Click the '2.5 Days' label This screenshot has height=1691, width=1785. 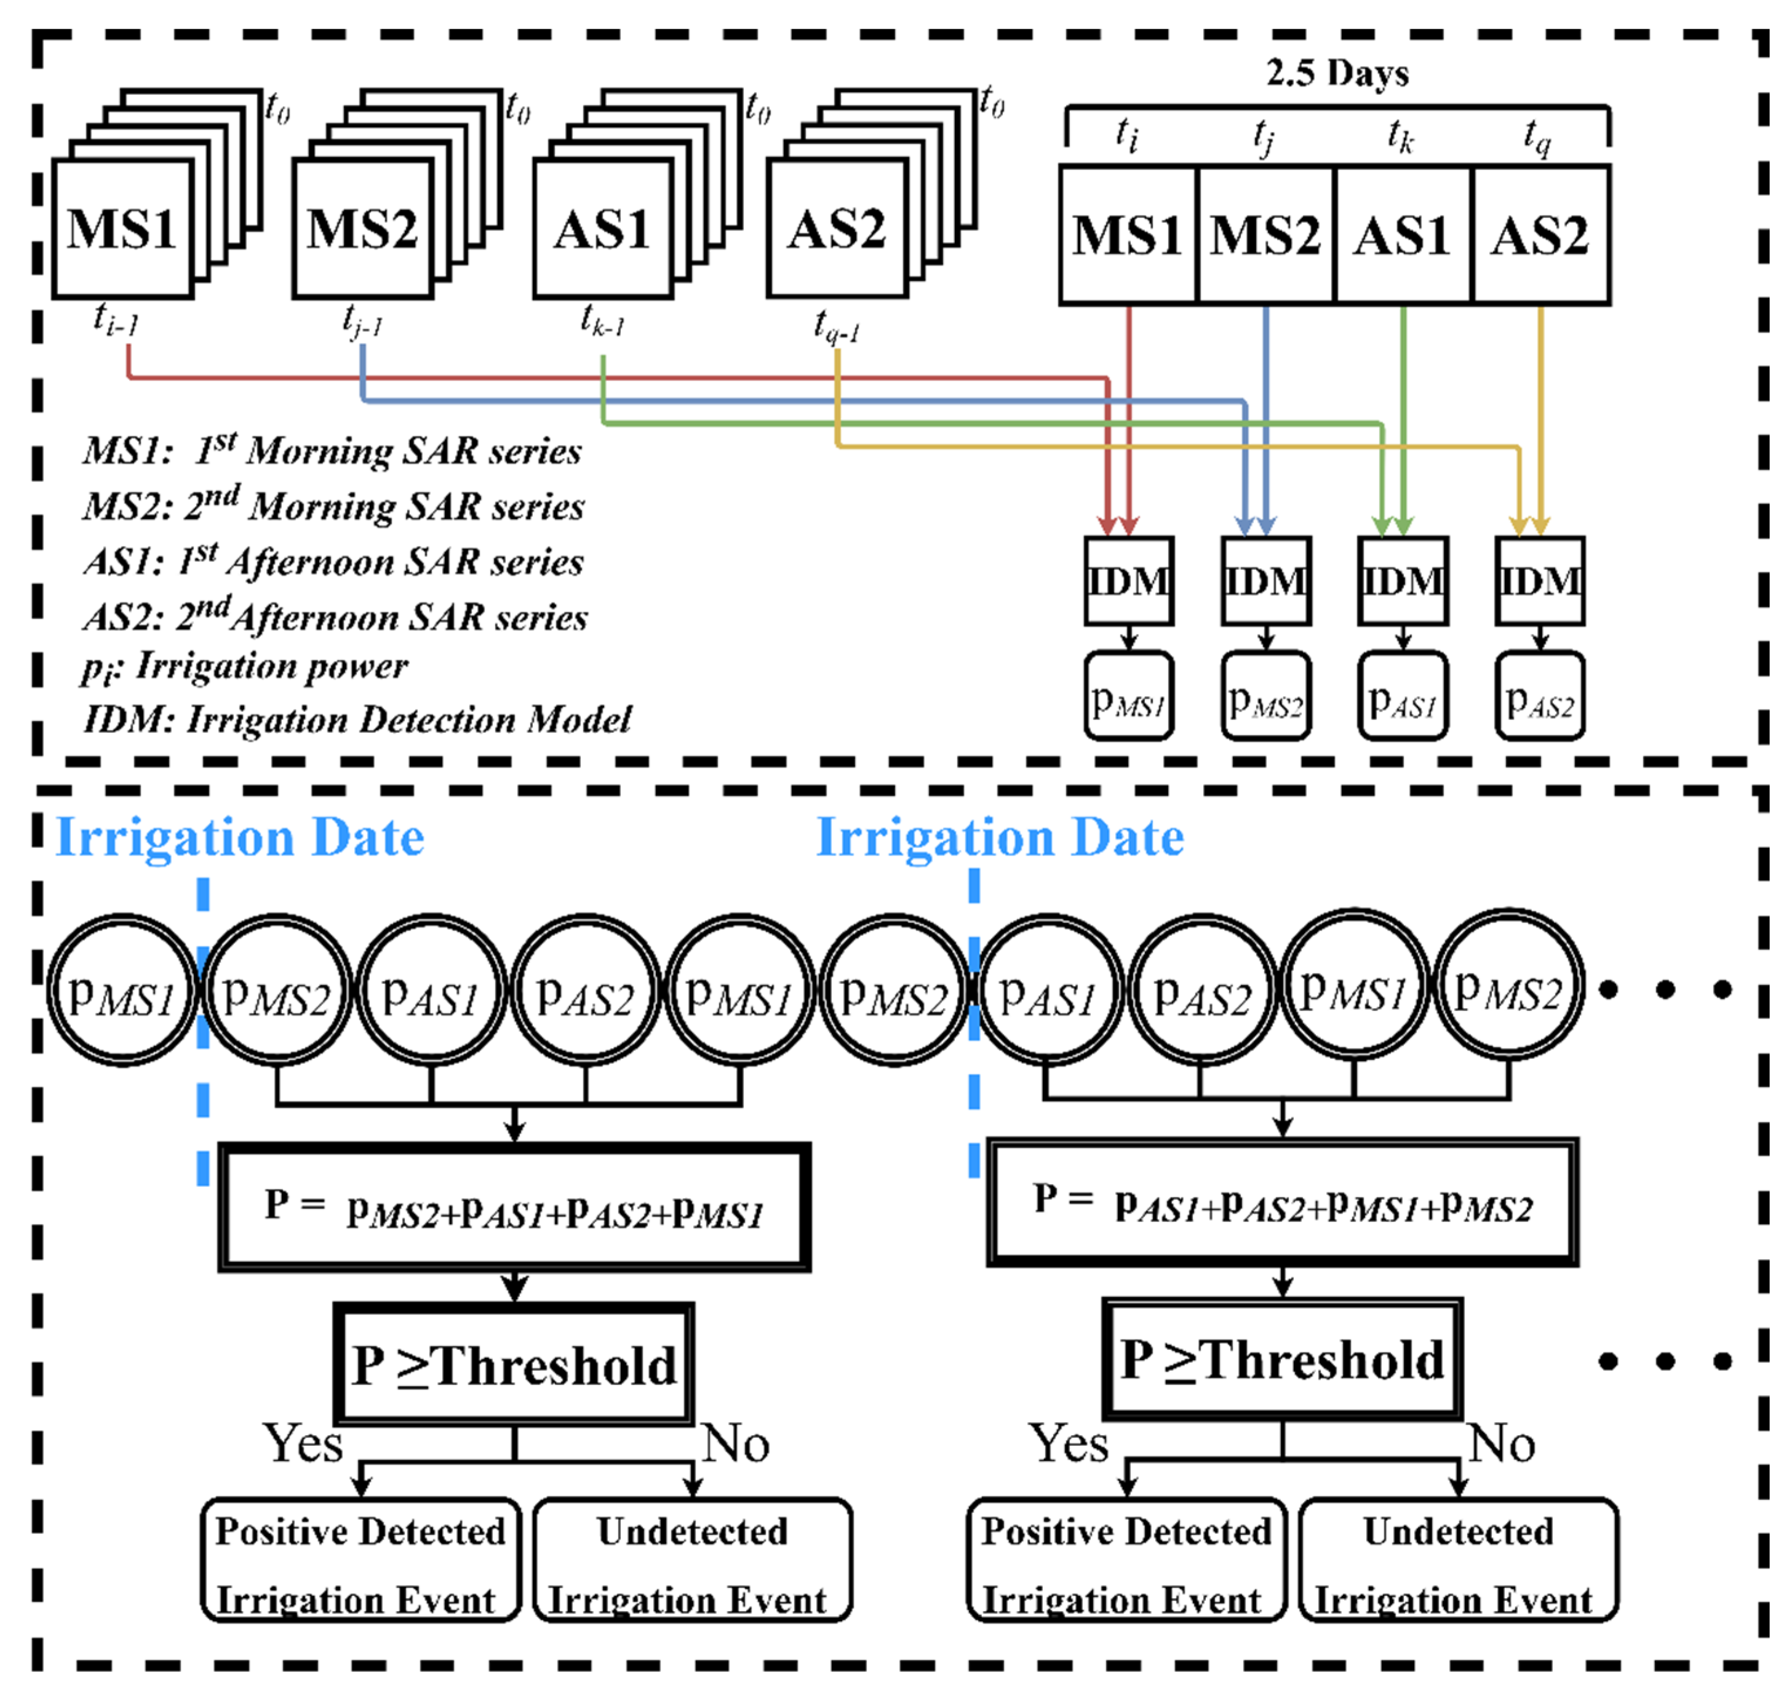[1337, 73]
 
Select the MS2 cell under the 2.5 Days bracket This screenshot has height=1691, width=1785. [1264, 235]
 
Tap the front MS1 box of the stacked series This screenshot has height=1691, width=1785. [122, 228]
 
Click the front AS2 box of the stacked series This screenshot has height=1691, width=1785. [836, 228]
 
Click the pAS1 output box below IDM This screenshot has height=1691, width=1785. [1402, 697]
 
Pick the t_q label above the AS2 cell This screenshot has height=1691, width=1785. [1536, 135]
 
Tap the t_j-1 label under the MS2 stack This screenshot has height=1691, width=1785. [362, 320]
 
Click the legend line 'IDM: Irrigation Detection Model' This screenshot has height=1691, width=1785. [357, 720]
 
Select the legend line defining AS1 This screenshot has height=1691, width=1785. [334, 562]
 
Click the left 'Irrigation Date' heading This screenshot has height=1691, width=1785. [240, 837]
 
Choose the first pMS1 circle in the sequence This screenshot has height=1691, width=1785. [122, 991]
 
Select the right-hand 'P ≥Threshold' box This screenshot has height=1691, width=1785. [1281, 1359]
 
